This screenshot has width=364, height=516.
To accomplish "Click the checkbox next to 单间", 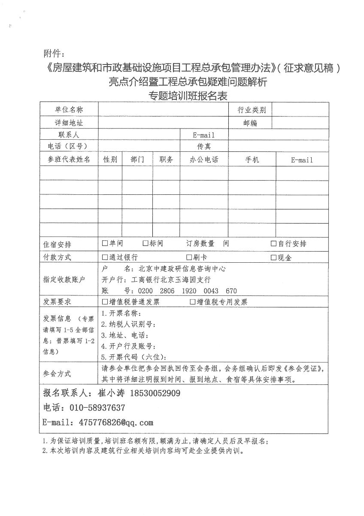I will pos(105,243).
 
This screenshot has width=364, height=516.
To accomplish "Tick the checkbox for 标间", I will pos(145,243).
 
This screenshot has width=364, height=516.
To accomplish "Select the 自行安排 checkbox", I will pos(273,243).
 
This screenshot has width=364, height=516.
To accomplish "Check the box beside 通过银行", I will pos(105,257).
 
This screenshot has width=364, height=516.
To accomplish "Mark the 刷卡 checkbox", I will pos(189,257).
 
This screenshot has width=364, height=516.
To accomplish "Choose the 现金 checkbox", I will pos(273,258).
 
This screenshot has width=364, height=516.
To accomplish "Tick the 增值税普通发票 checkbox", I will pos(105,302).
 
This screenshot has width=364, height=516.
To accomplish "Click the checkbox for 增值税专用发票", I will pos(193,302).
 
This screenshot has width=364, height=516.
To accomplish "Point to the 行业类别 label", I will pos(252,110).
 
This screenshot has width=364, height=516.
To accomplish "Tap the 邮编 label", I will pos(250,123).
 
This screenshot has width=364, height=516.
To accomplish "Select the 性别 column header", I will pos(110,160).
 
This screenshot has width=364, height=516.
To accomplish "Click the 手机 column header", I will pos(252,160).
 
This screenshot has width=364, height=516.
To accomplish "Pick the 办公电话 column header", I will pos(204,160).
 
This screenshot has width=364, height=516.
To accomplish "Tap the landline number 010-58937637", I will pos(95,407).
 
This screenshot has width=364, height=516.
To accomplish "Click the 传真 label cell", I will pos(204,146).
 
